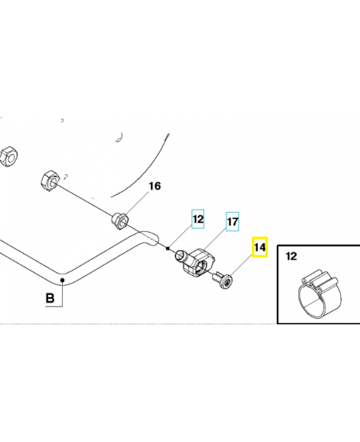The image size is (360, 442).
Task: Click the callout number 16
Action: (x=155, y=186)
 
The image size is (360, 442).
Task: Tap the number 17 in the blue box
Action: (x=232, y=223)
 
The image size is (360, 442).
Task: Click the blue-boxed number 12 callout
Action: (x=198, y=219)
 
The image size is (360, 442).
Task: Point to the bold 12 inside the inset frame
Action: (x=292, y=256)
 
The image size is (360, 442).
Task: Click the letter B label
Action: (x=50, y=299)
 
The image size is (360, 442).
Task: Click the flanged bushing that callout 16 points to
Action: (x=120, y=220)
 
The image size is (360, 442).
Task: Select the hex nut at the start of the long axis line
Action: (x=49, y=180)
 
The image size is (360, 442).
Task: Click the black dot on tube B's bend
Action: (x=63, y=280)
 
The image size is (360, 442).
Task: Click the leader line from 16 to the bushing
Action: (x=137, y=202)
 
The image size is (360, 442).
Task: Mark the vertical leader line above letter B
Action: (x=63, y=293)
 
